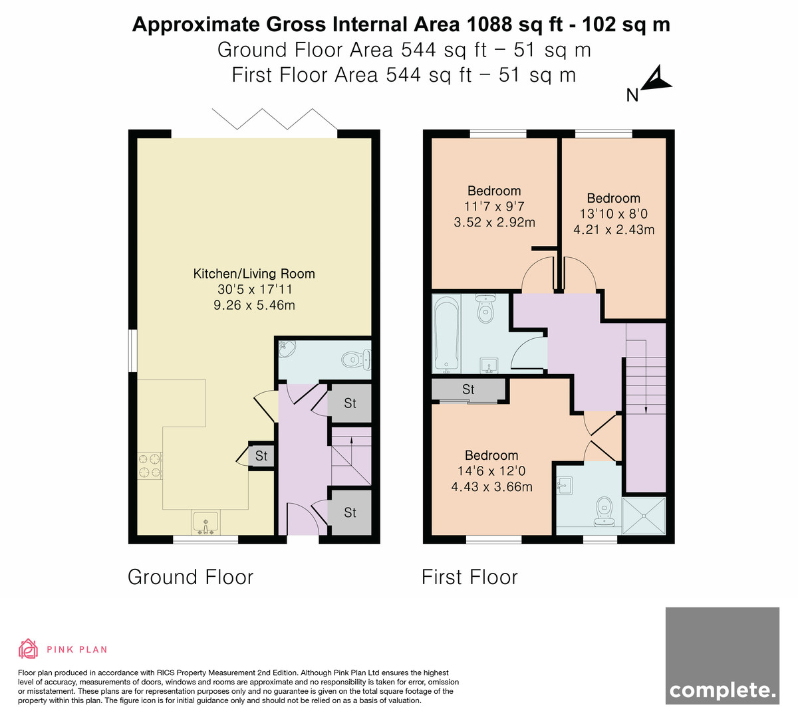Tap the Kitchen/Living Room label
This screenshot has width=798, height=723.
click(254, 274)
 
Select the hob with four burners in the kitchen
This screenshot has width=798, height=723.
click(150, 466)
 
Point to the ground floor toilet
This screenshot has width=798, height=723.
click(356, 360)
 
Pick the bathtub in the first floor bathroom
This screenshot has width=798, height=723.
click(446, 334)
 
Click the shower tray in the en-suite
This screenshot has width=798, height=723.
click(643, 516)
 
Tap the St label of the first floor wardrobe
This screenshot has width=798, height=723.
click(468, 389)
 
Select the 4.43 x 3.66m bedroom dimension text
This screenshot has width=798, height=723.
click(491, 487)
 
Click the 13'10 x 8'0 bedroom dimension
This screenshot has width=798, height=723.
click(613, 214)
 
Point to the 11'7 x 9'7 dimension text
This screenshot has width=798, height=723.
click(494, 207)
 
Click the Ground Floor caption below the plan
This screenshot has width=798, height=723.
click(190, 577)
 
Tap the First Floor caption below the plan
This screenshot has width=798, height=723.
click(469, 577)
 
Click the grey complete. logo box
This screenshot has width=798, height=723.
click(722, 655)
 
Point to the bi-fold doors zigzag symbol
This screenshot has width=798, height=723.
click(275, 119)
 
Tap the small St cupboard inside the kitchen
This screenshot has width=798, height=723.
click(261, 456)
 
